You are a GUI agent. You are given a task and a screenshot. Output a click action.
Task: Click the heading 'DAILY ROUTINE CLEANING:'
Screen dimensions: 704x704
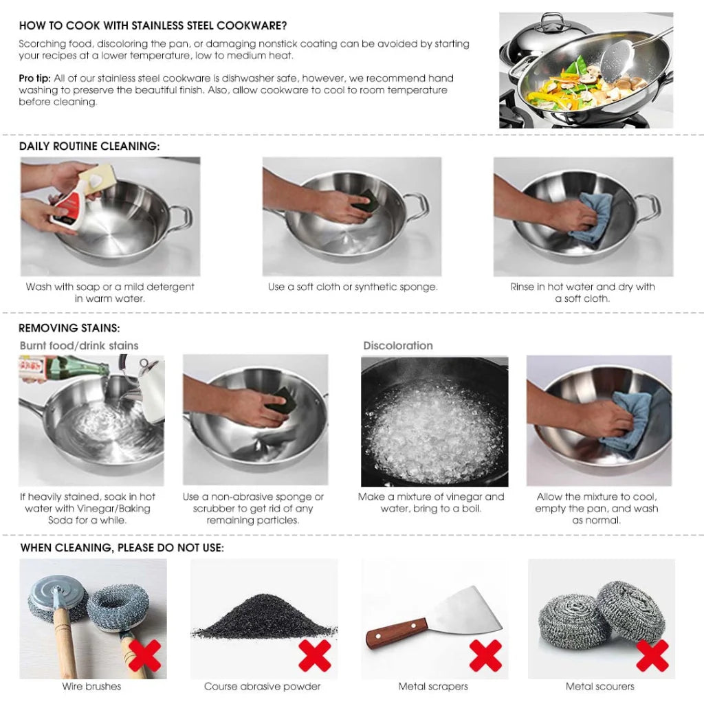click(89, 146)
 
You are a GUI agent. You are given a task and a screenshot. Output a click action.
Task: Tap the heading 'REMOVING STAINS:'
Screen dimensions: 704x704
click(69, 328)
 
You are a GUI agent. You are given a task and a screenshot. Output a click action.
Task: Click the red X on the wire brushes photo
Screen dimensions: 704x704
click(144, 655)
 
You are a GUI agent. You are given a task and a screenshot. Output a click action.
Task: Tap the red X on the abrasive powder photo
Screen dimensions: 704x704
click(314, 655)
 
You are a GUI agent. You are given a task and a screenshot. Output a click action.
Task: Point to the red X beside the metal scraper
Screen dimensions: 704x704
click(485, 655)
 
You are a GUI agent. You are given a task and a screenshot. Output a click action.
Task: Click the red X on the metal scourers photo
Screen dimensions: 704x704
click(652, 655)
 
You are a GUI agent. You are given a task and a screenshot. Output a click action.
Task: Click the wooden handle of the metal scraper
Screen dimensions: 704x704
click(395, 633)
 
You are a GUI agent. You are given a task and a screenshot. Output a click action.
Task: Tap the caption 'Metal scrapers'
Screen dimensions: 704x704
click(433, 686)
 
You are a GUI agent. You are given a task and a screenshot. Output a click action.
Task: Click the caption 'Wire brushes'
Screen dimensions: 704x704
click(91, 686)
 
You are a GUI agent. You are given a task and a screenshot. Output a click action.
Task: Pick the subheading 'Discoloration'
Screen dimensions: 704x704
click(398, 346)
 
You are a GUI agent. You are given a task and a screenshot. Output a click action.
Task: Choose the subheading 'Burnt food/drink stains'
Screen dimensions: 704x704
click(79, 346)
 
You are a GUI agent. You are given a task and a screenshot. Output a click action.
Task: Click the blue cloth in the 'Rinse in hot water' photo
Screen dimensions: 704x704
click(595, 217)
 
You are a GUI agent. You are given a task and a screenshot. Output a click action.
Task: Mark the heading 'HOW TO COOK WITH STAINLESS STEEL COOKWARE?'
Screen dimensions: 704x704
click(153, 26)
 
